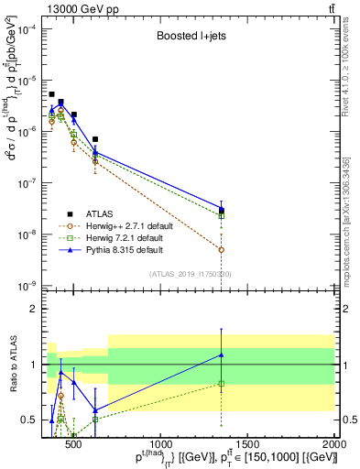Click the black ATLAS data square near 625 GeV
pyautogui.click(x=95, y=139)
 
